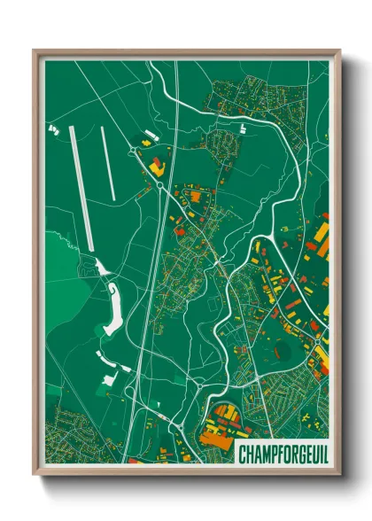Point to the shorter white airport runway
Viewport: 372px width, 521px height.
tap(109, 163)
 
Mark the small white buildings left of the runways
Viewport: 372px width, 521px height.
tap(52, 129)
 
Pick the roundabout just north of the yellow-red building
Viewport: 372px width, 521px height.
tap(136, 151)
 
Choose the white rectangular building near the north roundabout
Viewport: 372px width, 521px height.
tap(148, 136)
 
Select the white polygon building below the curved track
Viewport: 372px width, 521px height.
tap(111, 379)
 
